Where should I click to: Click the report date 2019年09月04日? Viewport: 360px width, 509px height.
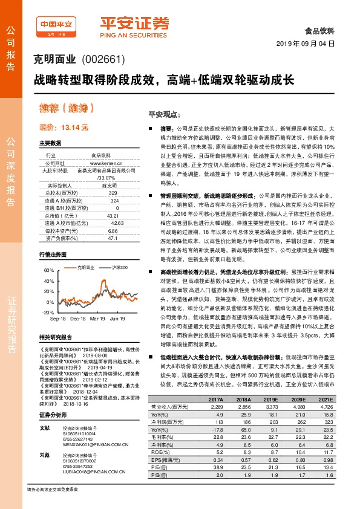pyautogui.click(x=309, y=44)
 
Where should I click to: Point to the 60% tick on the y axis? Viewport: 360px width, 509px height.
pyautogui.click(x=49, y=270)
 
